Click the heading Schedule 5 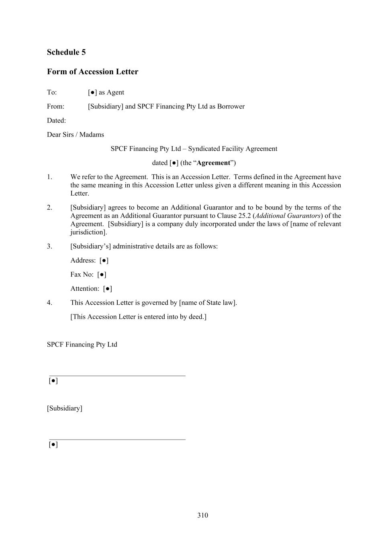tap(66, 52)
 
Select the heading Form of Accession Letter tap(92, 72)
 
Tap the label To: tap(52, 92)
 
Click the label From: tap(55, 106)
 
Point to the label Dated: tap(56, 120)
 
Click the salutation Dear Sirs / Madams tap(76, 134)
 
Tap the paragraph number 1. tap(49, 177)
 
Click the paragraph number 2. tap(49, 208)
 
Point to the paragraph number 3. tap(49, 246)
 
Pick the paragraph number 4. tap(49, 303)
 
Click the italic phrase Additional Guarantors tap(288, 216)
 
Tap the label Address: tap(83, 261)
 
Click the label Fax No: tap(82, 275)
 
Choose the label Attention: tap(85, 289)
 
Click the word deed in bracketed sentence tap(196, 317)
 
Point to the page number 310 tap(202, 515)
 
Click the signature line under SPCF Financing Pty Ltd tap(117, 376)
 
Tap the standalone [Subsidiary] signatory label tap(65, 408)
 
